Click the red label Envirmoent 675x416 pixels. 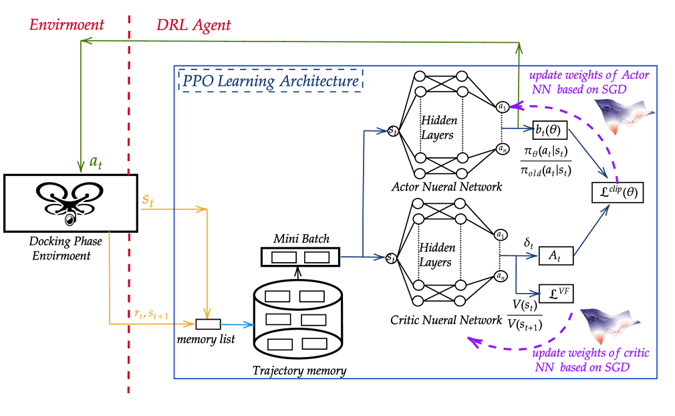[x=66, y=25]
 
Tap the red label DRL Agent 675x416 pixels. [x=193, y=25]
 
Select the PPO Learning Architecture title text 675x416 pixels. [x=271, y=82]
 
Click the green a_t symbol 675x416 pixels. [x=96, y=163]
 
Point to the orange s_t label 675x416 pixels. [x=148, y=199]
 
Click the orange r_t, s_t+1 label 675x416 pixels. [x=151, y=314]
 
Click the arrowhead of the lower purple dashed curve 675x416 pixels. [x=474, y=342]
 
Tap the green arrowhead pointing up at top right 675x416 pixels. [x=519, y=47]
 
